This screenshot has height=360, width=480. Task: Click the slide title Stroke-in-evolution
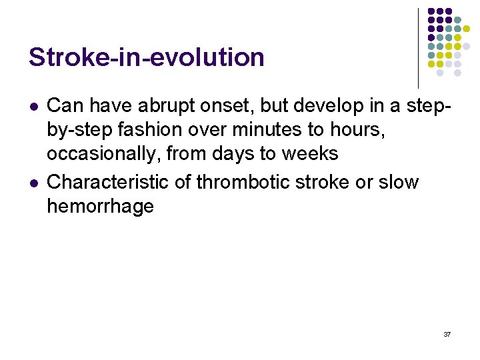[146, 57]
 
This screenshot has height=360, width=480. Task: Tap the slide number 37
[446, 333]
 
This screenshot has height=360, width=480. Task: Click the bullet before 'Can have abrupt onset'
[33, 106]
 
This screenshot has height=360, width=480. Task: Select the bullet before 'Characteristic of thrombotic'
[33, 183]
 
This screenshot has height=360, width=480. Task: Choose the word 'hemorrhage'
[100, 207]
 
